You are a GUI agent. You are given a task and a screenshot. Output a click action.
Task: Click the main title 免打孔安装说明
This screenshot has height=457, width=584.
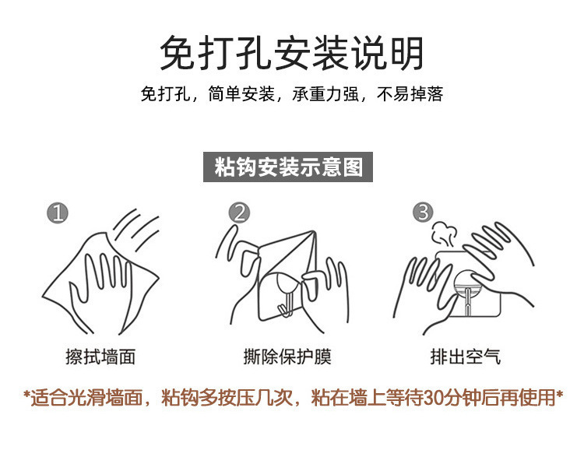pos(292,53)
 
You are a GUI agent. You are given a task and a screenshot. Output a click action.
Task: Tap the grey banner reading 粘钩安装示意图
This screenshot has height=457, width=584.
pos(288,167)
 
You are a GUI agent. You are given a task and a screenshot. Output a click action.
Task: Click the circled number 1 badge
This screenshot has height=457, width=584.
pos(58,213)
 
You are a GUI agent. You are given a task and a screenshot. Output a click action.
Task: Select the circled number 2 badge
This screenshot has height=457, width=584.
pos(239,213)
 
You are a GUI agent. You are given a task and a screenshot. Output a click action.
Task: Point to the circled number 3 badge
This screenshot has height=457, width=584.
pos(423,212)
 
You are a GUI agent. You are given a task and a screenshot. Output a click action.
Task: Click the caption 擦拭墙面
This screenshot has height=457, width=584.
pos(100,357)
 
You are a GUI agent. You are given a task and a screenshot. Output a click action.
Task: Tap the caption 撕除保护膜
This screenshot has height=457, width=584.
pos(287,357)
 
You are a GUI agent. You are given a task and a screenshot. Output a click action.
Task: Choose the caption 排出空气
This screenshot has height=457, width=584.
pos(465,357)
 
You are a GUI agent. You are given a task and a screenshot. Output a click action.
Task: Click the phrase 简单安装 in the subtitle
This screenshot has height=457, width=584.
pos(241,94)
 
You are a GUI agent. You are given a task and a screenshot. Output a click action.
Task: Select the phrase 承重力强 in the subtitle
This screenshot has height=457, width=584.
pos(325,94)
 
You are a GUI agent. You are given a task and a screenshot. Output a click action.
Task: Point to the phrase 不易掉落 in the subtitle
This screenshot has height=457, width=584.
pos(410,94)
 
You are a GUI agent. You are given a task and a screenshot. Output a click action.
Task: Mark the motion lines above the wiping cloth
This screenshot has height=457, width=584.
pos(136,229)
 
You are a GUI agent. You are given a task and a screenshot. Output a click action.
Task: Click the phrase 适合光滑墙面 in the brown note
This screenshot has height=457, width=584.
pos(86,397)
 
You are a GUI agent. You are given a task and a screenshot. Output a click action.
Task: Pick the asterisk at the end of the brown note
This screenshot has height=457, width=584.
pos(558,395)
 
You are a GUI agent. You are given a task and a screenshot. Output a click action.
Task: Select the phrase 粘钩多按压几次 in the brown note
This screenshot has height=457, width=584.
pos(227,397)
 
